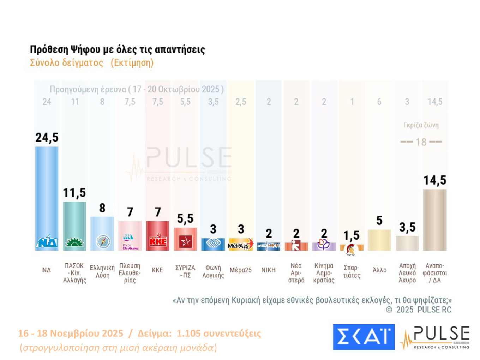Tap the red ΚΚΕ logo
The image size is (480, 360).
[158, 241]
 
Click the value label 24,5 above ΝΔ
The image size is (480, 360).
[47, 137]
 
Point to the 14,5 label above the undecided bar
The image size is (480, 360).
[435, 180]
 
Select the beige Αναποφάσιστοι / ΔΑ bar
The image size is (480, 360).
[435, 221]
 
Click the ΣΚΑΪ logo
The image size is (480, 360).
[364, 337]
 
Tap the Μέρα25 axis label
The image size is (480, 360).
[241, 270]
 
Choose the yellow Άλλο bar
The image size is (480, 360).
[379, 240]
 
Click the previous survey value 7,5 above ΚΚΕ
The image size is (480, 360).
[158, 102]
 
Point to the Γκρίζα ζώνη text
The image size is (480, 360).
[421, 125]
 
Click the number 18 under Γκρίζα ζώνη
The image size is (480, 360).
[421, 142]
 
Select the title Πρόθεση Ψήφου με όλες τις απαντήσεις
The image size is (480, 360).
[117, 49]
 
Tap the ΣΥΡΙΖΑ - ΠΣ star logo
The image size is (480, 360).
[185, 242]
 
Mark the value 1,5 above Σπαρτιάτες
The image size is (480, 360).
[352, 235]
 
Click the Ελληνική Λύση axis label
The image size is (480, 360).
[102, 271]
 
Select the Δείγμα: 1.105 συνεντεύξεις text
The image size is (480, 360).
[199, 333]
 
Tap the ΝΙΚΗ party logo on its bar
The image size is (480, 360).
[269, 246]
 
